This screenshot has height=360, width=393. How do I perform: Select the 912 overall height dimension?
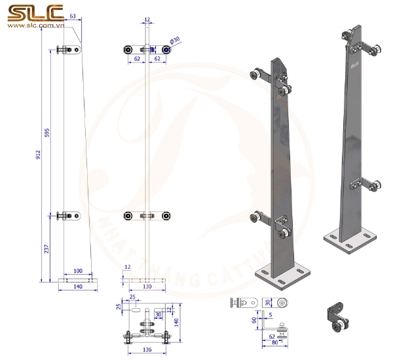pyautogui.click(x=39, y=155)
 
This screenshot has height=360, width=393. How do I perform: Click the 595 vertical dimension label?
pyautogui.click(x=48, y=133)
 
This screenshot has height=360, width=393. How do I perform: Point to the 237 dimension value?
pyautogui.click(x=48, y=249)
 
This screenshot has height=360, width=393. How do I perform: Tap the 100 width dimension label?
pyautogui.click(x=78, y=271)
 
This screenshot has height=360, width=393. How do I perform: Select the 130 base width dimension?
pyautogui.click(x=147, y=287)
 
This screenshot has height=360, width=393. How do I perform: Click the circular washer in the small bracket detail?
pyautogui.click(x=282, y=303)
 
